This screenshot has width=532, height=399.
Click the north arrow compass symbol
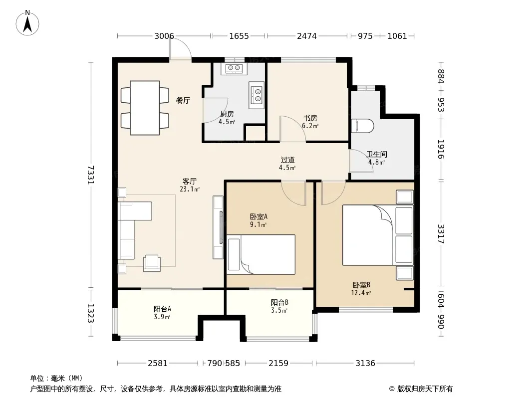[27, 23]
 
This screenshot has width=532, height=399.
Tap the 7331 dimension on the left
[90, 175]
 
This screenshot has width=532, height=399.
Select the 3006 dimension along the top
[164, 36]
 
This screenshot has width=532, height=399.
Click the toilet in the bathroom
[362, 126]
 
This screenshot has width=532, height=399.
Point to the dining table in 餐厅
[145, 107]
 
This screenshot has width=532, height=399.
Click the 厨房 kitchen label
[227, 114]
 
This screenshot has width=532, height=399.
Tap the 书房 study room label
[310, 118]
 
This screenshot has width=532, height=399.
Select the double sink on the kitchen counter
[256, 95]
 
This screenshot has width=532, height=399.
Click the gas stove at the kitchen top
[234, 68]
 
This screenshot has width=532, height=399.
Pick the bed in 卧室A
[261, 254]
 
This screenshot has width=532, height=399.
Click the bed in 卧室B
[378, 235]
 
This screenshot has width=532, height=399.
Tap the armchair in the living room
[152, 263]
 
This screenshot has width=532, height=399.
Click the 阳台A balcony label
[162, 309]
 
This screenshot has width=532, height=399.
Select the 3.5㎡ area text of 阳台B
[279, 310]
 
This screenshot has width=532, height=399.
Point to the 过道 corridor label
[288, 160]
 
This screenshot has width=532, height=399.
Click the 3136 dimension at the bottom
[365, 363]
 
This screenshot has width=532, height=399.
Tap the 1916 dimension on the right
[441, 149]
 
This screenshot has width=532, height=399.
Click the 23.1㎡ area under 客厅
[189, 189]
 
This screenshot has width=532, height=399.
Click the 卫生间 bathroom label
[377, 154]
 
